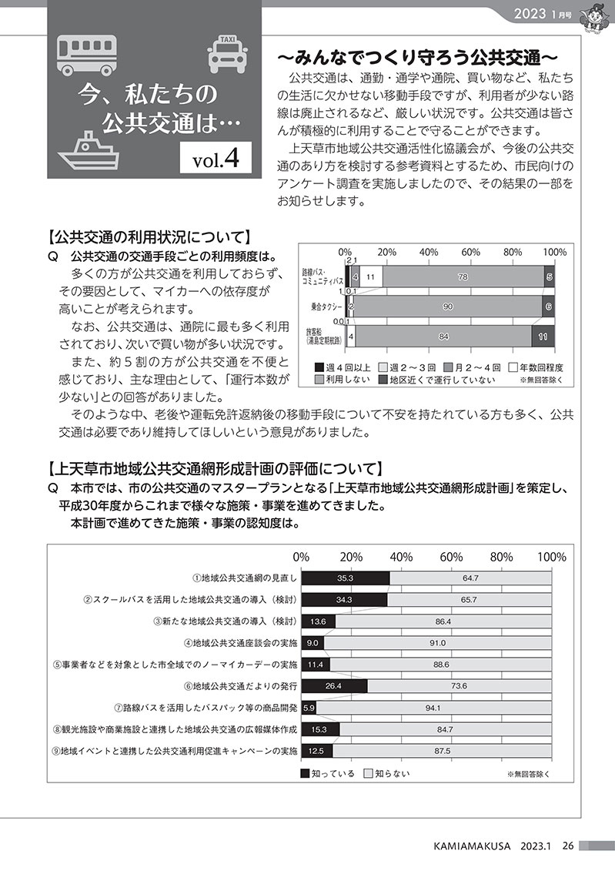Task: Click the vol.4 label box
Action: (218, 159)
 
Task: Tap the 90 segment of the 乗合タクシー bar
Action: (448, 307)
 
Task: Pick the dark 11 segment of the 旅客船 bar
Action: (543, 336)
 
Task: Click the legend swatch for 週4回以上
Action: (319, 367)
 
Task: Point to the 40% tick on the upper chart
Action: (429, 252)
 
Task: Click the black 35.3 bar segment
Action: (345, 578)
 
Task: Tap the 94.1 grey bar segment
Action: (433, 707)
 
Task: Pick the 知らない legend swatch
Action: (368, 772)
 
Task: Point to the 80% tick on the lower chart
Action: (501, 557)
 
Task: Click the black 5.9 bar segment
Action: (309, 707)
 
